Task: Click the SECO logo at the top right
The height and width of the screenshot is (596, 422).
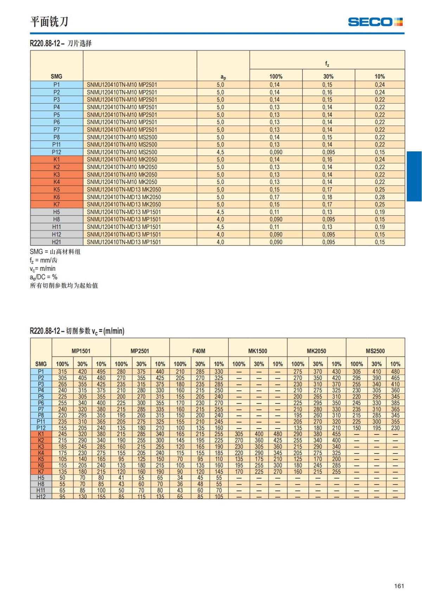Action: [x=375, y=22]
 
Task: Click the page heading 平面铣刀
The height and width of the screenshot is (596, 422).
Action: [x=49, y=22]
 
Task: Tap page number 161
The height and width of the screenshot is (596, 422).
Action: [x=399, y=586]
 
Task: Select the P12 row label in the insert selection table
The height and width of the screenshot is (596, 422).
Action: [x=56, y=152]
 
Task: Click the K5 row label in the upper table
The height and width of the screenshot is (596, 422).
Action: [x=56, y=190]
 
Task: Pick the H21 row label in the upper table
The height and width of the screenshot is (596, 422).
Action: [x=56, y=242]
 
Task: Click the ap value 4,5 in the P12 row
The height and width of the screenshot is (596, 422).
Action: [x=220, y=152]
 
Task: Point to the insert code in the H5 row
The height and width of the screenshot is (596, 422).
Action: [x=124, y=212]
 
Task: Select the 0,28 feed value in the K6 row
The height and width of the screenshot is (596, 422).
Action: [x=379, y=197]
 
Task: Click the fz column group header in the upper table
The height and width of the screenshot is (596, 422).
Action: [x=327, y=64]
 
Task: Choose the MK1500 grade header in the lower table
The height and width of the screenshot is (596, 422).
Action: [x=257, y=351]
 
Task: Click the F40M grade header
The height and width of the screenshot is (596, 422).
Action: [x=199, y=351]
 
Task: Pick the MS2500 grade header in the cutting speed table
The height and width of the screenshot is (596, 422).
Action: [x=375, y=351]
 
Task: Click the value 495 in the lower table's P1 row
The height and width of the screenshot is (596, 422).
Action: [x=101, y=372]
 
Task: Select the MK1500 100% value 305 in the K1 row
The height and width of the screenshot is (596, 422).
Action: [x=239, y=434]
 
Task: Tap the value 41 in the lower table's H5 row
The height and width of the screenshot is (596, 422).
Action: [x=121, y=478]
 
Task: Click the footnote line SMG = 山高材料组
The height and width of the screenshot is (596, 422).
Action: [x=55, y=252]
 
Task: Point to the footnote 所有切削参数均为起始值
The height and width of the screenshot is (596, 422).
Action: [x=64, y=286]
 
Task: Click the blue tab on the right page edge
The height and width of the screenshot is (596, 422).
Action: [x=414, y=176]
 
